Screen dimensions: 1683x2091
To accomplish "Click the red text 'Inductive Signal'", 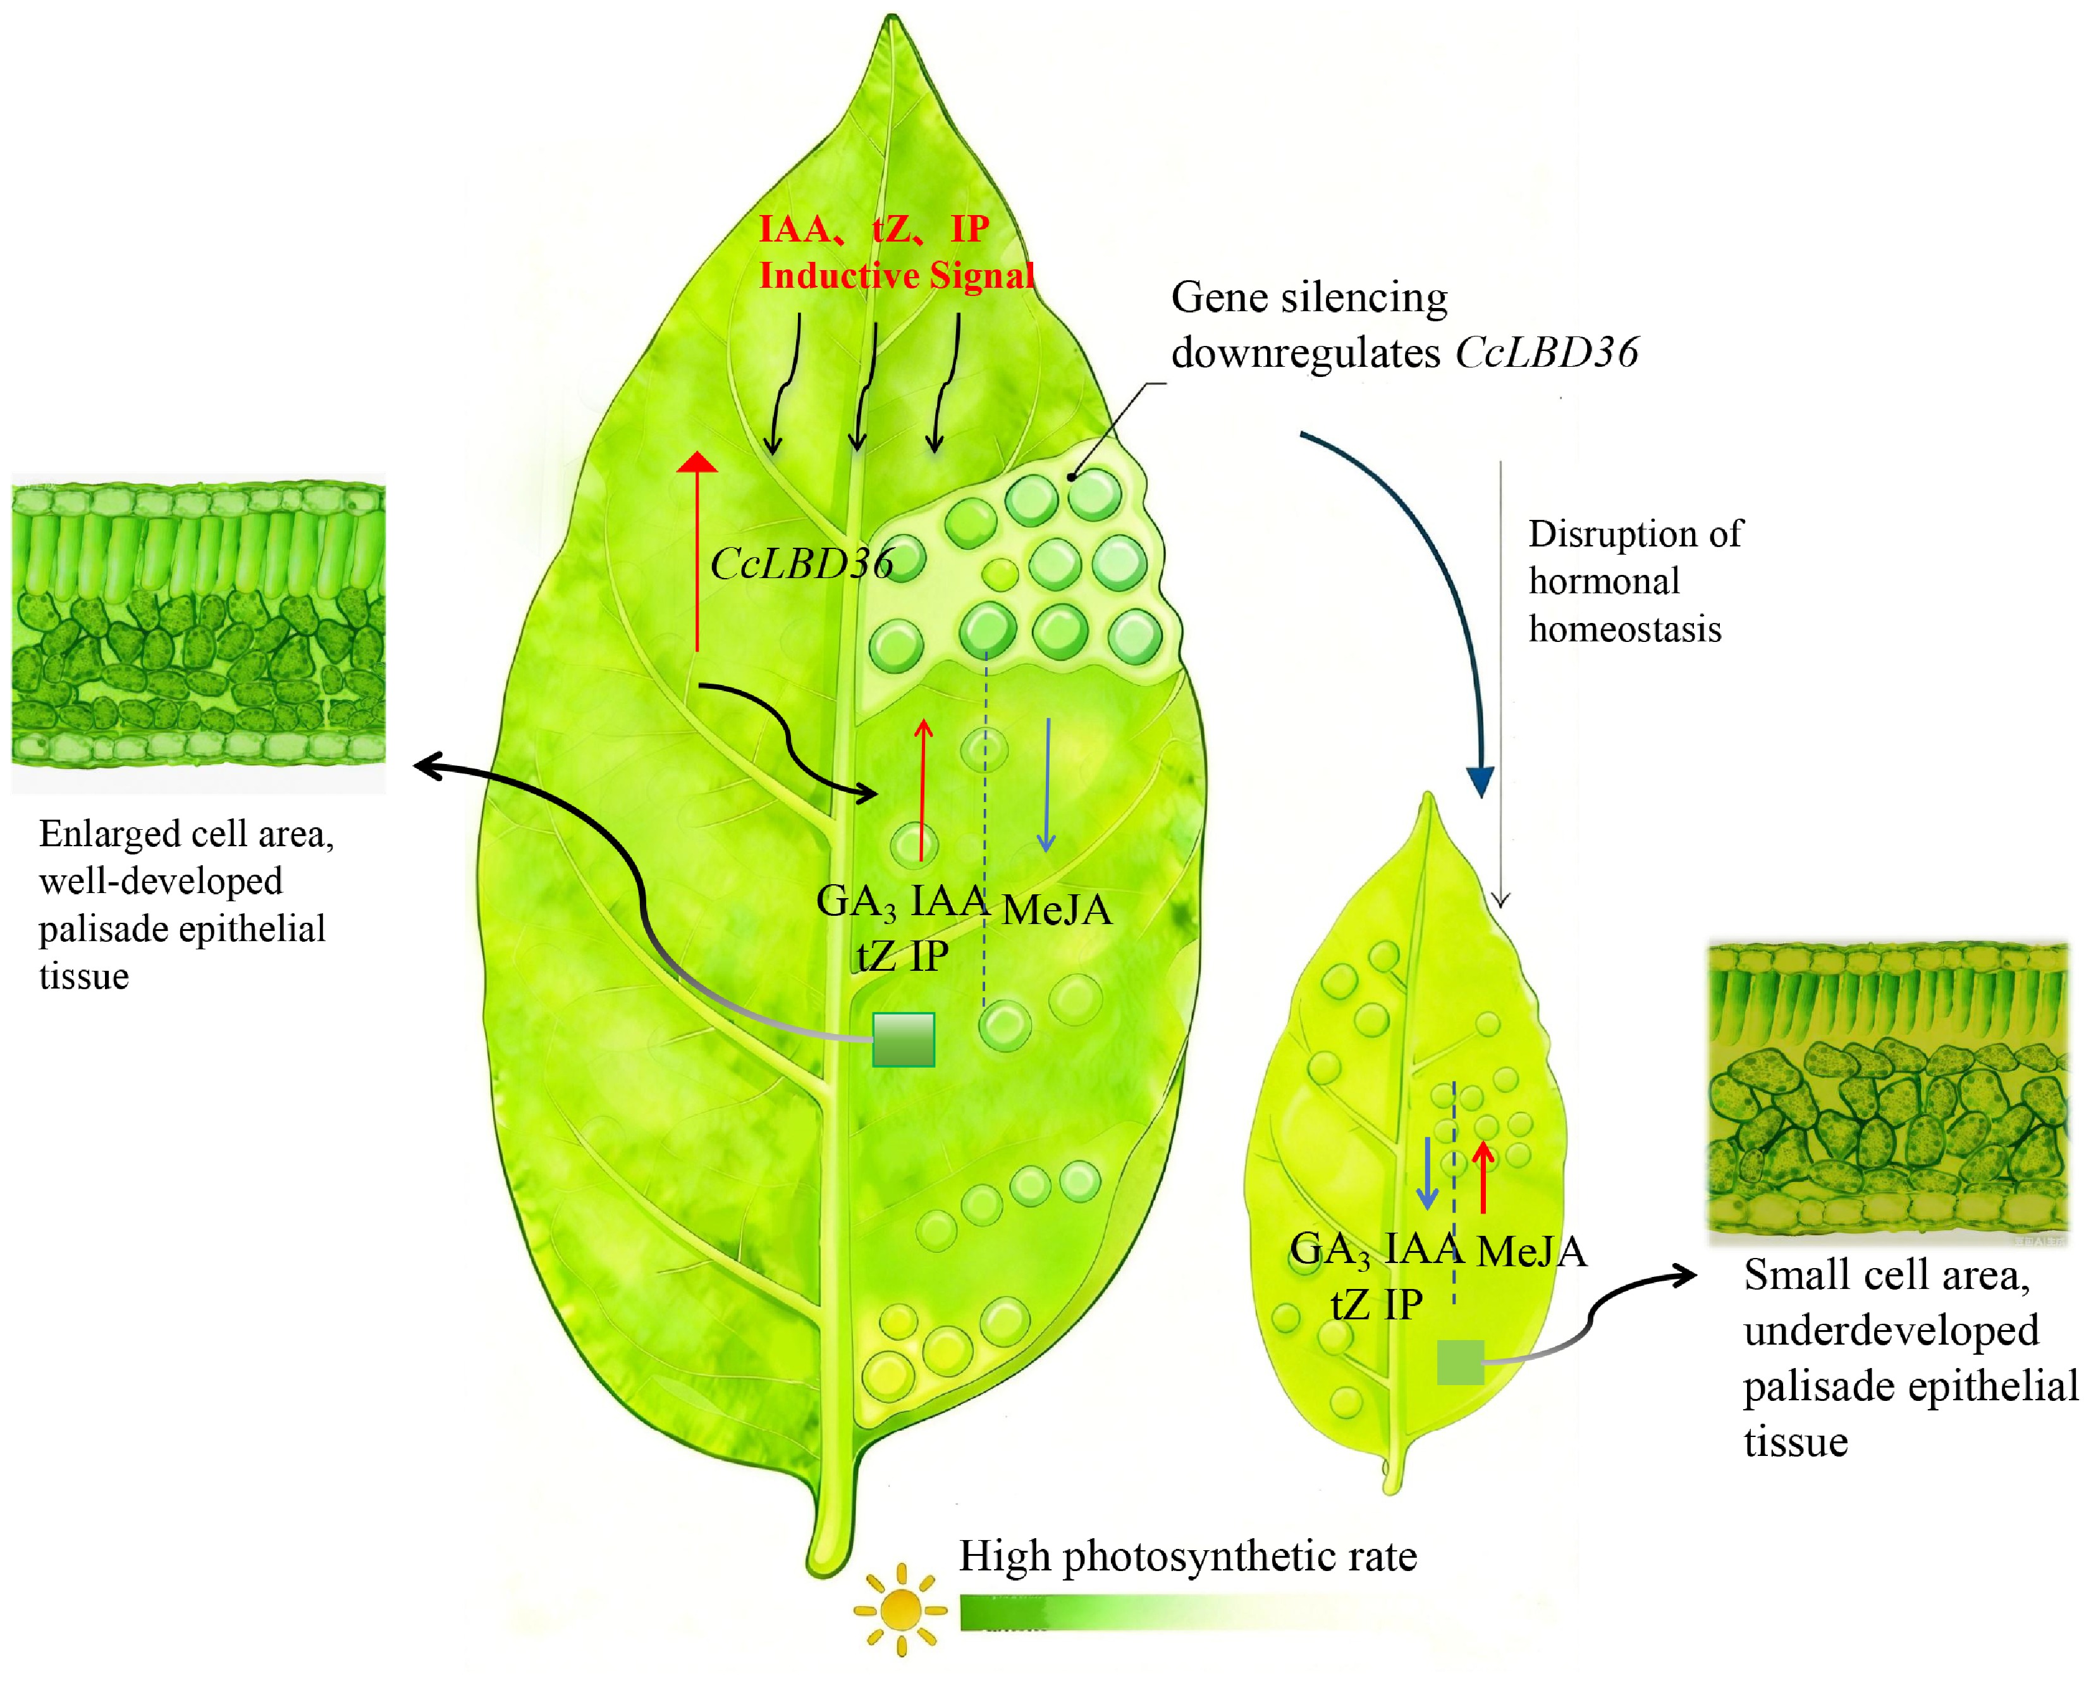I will (x=896, y=276).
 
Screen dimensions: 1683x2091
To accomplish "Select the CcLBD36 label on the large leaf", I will (x=801, y=564).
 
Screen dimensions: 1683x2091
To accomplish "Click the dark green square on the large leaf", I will (x=903, y=1039).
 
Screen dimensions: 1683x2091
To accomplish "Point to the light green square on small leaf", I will (x=1459, y=1362).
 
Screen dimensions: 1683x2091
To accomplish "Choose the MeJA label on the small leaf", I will (x=1531, y=1251).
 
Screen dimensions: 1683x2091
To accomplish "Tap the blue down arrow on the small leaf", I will (x=1426, y=1174).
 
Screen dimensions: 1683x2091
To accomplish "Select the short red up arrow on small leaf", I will (x=1483, y=1178).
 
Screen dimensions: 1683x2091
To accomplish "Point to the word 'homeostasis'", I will (x=1624, y=629).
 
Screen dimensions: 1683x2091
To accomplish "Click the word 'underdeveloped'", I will (x=1890, y=1331).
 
